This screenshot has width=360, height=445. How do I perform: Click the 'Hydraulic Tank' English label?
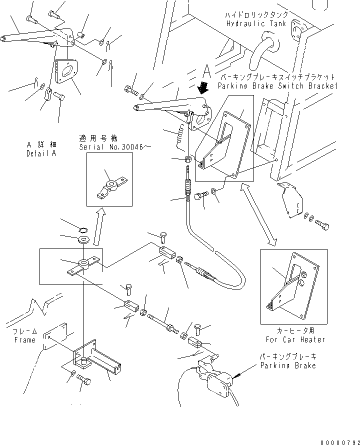tap(256, 23)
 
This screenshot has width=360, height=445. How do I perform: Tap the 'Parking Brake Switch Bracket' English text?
tap(277, 85)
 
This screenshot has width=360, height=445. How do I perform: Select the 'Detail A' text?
tap(41, 153)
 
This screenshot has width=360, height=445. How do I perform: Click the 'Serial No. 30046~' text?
tap(115, 146)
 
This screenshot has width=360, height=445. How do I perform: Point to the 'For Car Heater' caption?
tap(295, 339)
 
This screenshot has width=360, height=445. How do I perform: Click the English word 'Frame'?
tap(24, 339)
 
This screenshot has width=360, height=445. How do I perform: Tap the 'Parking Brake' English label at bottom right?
tap(288, 365)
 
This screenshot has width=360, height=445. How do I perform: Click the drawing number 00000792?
tap(340, 442)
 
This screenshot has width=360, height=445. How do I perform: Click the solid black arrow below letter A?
tap(203, 87)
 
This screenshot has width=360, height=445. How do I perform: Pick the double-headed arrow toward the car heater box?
tap(258, 214)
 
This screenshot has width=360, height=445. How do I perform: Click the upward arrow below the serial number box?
tap(99, 226)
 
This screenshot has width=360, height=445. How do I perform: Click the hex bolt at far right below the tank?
tap(322, 224)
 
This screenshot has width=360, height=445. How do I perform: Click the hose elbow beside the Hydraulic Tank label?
tap(263, 50)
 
